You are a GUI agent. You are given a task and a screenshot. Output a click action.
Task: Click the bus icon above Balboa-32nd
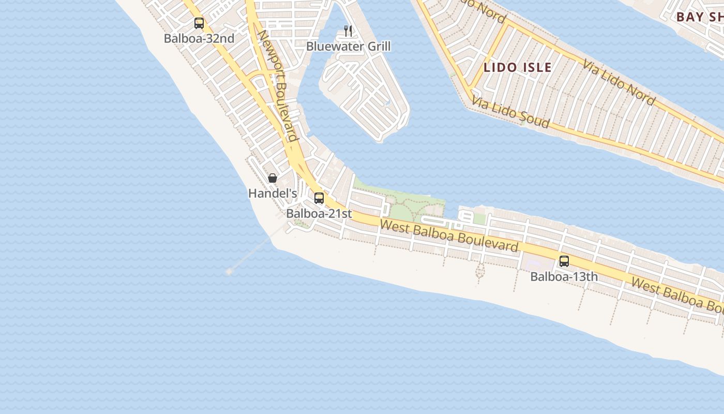coord(199,23)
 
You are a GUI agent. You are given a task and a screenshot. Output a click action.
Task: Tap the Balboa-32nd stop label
coord(199,38)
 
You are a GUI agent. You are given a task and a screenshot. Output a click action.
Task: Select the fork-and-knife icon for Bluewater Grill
coord(348,31)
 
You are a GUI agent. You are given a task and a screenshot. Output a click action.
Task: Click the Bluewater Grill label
coord(348,47)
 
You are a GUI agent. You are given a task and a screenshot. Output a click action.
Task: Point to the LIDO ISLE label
coord(518,67)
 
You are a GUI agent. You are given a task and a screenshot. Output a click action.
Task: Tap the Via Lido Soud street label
coord(510,113)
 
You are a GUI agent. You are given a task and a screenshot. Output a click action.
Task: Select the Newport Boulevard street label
coord(278,85)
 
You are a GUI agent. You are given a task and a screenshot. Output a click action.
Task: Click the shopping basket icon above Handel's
coord(273,179)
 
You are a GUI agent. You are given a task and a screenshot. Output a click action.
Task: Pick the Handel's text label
coord(273,194)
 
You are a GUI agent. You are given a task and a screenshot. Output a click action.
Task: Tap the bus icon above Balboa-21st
coord(319,198)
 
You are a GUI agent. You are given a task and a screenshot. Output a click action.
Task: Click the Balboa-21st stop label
coord(319,213)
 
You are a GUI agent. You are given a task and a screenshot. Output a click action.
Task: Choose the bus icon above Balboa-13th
coord(564,261)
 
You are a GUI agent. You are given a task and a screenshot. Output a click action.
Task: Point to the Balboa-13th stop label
coord(564,277)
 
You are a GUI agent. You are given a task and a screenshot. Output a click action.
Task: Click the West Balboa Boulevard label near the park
coord(449,235)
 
